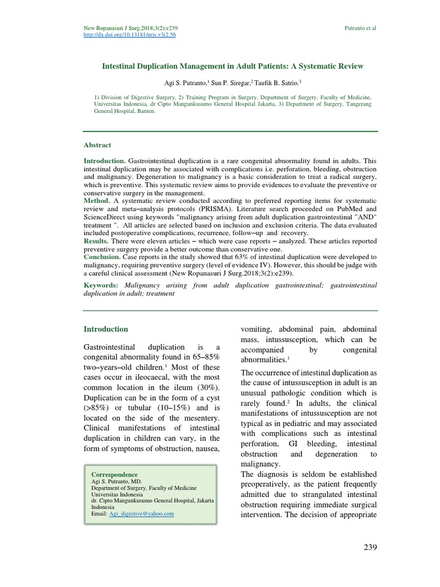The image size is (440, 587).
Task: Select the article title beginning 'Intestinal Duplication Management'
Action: [x=233, y=66]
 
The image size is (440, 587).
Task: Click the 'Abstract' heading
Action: [x=97, y=145]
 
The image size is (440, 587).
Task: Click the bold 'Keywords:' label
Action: [x=101, y=285]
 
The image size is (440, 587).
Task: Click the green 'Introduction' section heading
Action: [x=106, y=329]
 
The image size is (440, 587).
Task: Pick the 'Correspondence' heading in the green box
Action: [x=115, y=475]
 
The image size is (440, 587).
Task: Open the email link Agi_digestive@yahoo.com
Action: [x=141, y=514]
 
